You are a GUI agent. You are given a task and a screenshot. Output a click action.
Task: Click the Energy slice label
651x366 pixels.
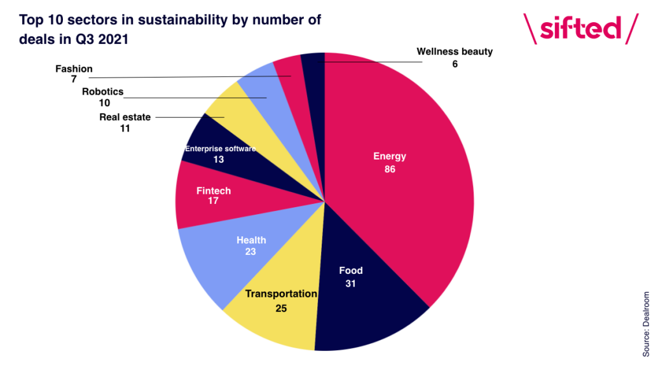click(389, 156)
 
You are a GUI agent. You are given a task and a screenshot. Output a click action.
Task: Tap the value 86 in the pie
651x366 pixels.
click(389, 169)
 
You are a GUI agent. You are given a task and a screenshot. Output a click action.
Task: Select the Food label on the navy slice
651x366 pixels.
click(350, 271)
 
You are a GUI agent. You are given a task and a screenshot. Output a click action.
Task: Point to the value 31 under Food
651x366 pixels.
click(350, 283)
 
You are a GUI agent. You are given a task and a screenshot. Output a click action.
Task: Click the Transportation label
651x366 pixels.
click(281, 294)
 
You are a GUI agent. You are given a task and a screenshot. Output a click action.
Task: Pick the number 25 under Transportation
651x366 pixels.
click(281, 308)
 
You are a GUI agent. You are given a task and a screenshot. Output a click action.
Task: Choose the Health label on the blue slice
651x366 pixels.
click(251, 240)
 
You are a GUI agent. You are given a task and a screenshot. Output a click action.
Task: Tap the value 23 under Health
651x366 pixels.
click(251, 252)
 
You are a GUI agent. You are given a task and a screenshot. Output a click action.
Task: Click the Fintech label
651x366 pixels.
click(214, 191)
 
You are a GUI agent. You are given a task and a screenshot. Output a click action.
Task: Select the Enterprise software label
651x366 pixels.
click(220, 149)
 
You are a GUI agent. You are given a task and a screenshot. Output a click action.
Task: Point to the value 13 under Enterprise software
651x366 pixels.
click(219, 159)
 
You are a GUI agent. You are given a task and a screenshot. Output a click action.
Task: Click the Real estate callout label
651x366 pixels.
click(125, 117)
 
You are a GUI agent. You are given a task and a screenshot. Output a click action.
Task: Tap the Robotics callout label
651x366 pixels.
click(102, 91)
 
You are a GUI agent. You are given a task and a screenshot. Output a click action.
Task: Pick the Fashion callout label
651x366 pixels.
click(74, 69)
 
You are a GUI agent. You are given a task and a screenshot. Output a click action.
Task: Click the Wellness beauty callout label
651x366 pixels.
click(455, 51)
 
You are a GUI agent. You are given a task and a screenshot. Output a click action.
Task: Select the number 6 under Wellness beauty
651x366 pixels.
click(455, 64)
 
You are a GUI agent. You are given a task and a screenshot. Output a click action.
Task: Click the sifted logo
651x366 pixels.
click(580, 29)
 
